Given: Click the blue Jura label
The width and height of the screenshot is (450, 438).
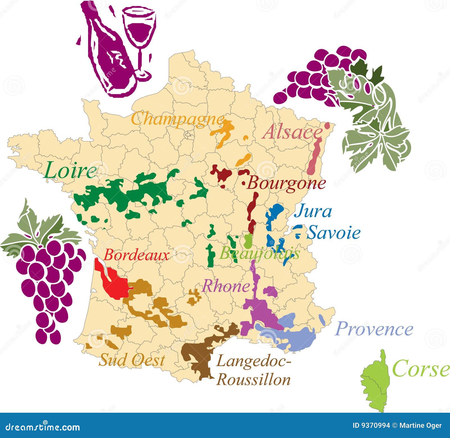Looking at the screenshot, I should [313, 211].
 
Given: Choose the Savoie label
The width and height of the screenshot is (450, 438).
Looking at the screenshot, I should [334, 233].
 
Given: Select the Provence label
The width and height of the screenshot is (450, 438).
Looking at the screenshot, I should [374, 329].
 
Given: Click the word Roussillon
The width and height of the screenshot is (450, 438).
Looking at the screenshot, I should [254, 380].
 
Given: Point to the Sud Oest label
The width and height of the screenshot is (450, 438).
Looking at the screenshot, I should [131, 360].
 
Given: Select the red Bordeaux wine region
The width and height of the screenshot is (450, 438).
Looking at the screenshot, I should [115, 284].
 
